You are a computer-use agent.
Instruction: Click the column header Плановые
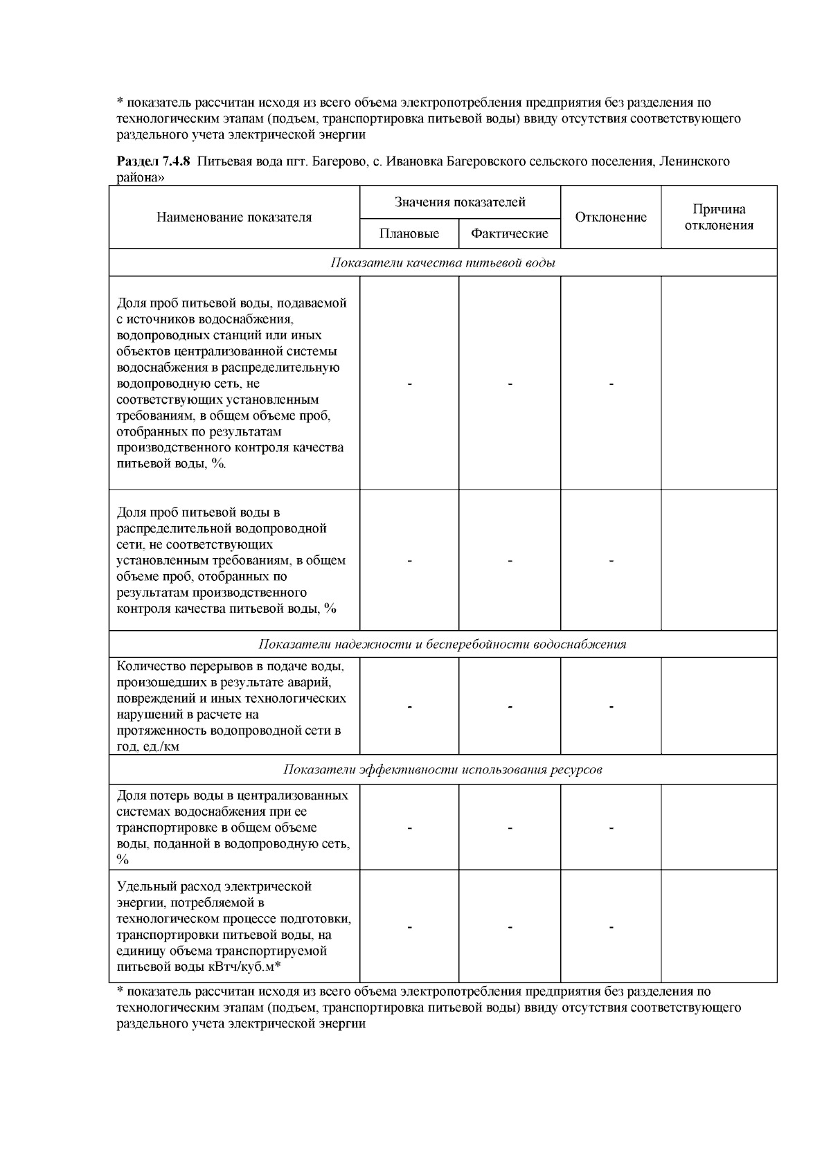point(409,234)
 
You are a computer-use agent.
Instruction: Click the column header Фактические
point(509,234)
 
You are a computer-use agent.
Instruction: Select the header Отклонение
point(610,217)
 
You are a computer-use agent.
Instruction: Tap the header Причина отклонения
point(718,217)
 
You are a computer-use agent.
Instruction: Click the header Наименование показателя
point(233,217)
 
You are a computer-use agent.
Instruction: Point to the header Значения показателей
point(460,202)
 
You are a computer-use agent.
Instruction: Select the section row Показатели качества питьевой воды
point(443,263)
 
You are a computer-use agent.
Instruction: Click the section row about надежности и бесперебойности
point(443,645)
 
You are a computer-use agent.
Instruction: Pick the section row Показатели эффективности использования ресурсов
point(443,770)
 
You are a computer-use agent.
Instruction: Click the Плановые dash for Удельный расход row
point(409,927)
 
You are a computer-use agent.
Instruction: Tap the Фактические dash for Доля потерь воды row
point(510,828)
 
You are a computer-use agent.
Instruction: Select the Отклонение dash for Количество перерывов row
point(611,707)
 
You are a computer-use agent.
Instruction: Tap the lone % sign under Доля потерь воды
point(123,860)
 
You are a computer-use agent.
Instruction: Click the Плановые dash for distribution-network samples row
point(409,561)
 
